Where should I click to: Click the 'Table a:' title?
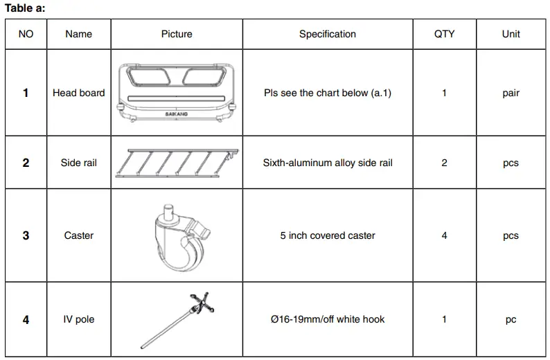[x=25, y=8]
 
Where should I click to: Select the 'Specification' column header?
[x=327, y=34]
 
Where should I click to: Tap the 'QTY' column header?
[x=444, y=34]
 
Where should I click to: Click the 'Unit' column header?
[x=511, y=34]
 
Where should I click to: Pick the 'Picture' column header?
[x=177, y=34]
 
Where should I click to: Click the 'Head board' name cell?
[x=78, y=93]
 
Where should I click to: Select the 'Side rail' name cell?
[x=78, y=163]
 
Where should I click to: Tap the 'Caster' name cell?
[x=78, y=235]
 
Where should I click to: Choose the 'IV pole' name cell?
[x=78, y=320]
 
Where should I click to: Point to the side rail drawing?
[x=177, y=163]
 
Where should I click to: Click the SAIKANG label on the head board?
[x=177, y=114]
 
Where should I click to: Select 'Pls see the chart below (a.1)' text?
[x=327, y=93]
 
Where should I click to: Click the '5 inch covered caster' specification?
[x=327, y=235]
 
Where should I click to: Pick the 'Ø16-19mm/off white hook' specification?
[x=327, y=320]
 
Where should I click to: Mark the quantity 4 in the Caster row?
[x=444, y=235]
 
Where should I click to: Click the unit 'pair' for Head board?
[x=511, y=93]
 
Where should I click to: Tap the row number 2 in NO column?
[x=26, y=163]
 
